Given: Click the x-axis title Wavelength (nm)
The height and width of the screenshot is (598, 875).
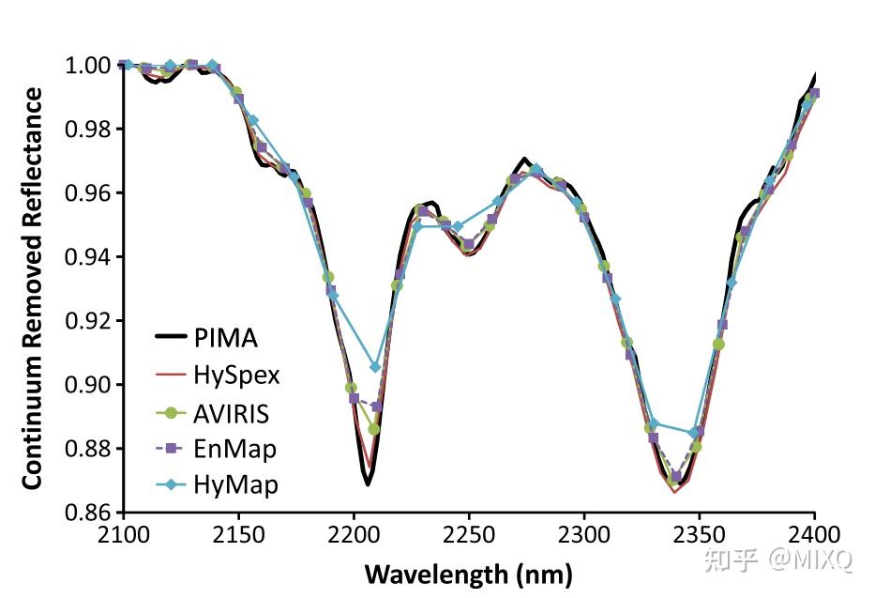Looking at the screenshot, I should click(x=468, y=573).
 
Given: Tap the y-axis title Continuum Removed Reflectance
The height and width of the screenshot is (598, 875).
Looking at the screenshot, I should click(x=33, y=288).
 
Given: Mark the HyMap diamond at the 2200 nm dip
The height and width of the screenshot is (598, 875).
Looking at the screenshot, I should click(x=375, y=367).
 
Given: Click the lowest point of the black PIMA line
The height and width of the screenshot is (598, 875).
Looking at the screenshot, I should click(x=368, y=484).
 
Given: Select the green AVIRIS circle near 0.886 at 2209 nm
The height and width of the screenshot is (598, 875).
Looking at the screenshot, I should click(x=373, y=429).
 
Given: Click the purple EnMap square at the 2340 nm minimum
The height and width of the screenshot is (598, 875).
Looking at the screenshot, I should click(x=676, y=477).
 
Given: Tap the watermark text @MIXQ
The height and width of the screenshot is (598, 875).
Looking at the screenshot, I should click(x=812, y=560).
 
